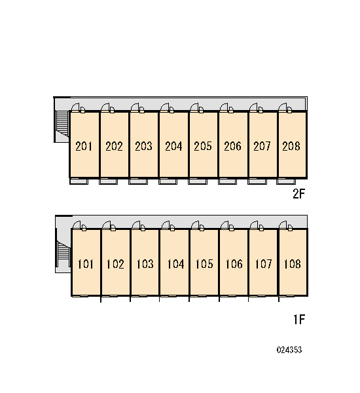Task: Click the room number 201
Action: [x=84, y=146]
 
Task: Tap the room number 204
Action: [x=173, y=146]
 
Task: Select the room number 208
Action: [x=291, y=146]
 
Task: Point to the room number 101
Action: [x=86, y=264]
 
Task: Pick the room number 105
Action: [x=204, y=264]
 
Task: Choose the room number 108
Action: [x=292, y=264]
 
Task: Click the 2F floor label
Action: [x=299, y=193]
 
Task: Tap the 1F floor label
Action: [x=299, y=320]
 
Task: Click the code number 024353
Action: [x=289, y=350]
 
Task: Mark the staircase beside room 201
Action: [x=62, y=124]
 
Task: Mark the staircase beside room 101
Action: [x=63, y=253]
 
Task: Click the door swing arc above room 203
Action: [x=135, y=107]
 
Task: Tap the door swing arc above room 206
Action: [x=224, y=107]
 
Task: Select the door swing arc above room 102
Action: [x=106, y=225]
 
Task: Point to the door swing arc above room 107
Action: [x=254, y=225]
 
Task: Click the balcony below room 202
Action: [x=108, y=181]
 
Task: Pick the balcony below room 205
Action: [x=198, y=181]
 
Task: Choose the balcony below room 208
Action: [x=286, y=181]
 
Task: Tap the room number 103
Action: [x=145, y=264]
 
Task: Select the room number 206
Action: [x=232, y=146]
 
